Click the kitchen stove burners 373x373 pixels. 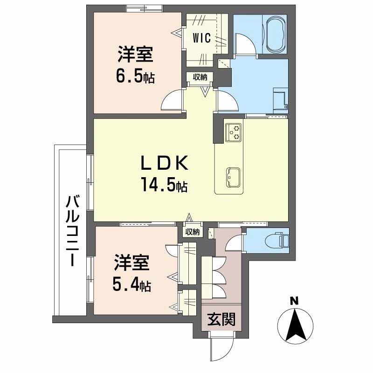coord(234,132)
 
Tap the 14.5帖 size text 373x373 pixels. coord(164,185)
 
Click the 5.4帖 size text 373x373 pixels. coord(132,284)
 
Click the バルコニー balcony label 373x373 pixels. coord(71,231)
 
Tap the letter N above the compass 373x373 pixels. coord(294,301)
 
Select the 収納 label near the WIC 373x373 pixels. coord(200,77)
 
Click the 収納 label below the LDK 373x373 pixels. coord(193,231)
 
